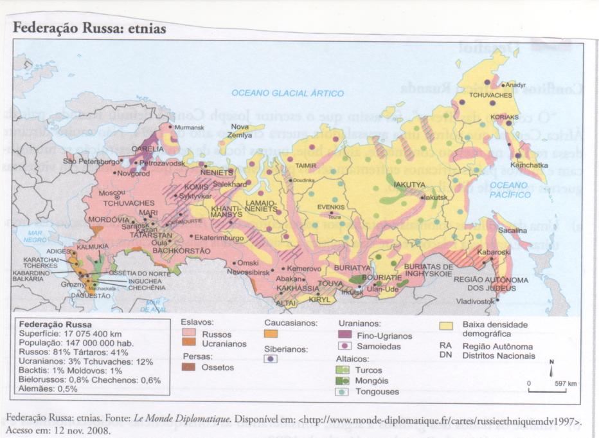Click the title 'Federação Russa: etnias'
[x=90, y=28]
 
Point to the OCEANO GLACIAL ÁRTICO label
[x=287, y=93]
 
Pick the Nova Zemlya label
[x=240, y=131]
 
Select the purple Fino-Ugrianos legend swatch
[x=344, y=335]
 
